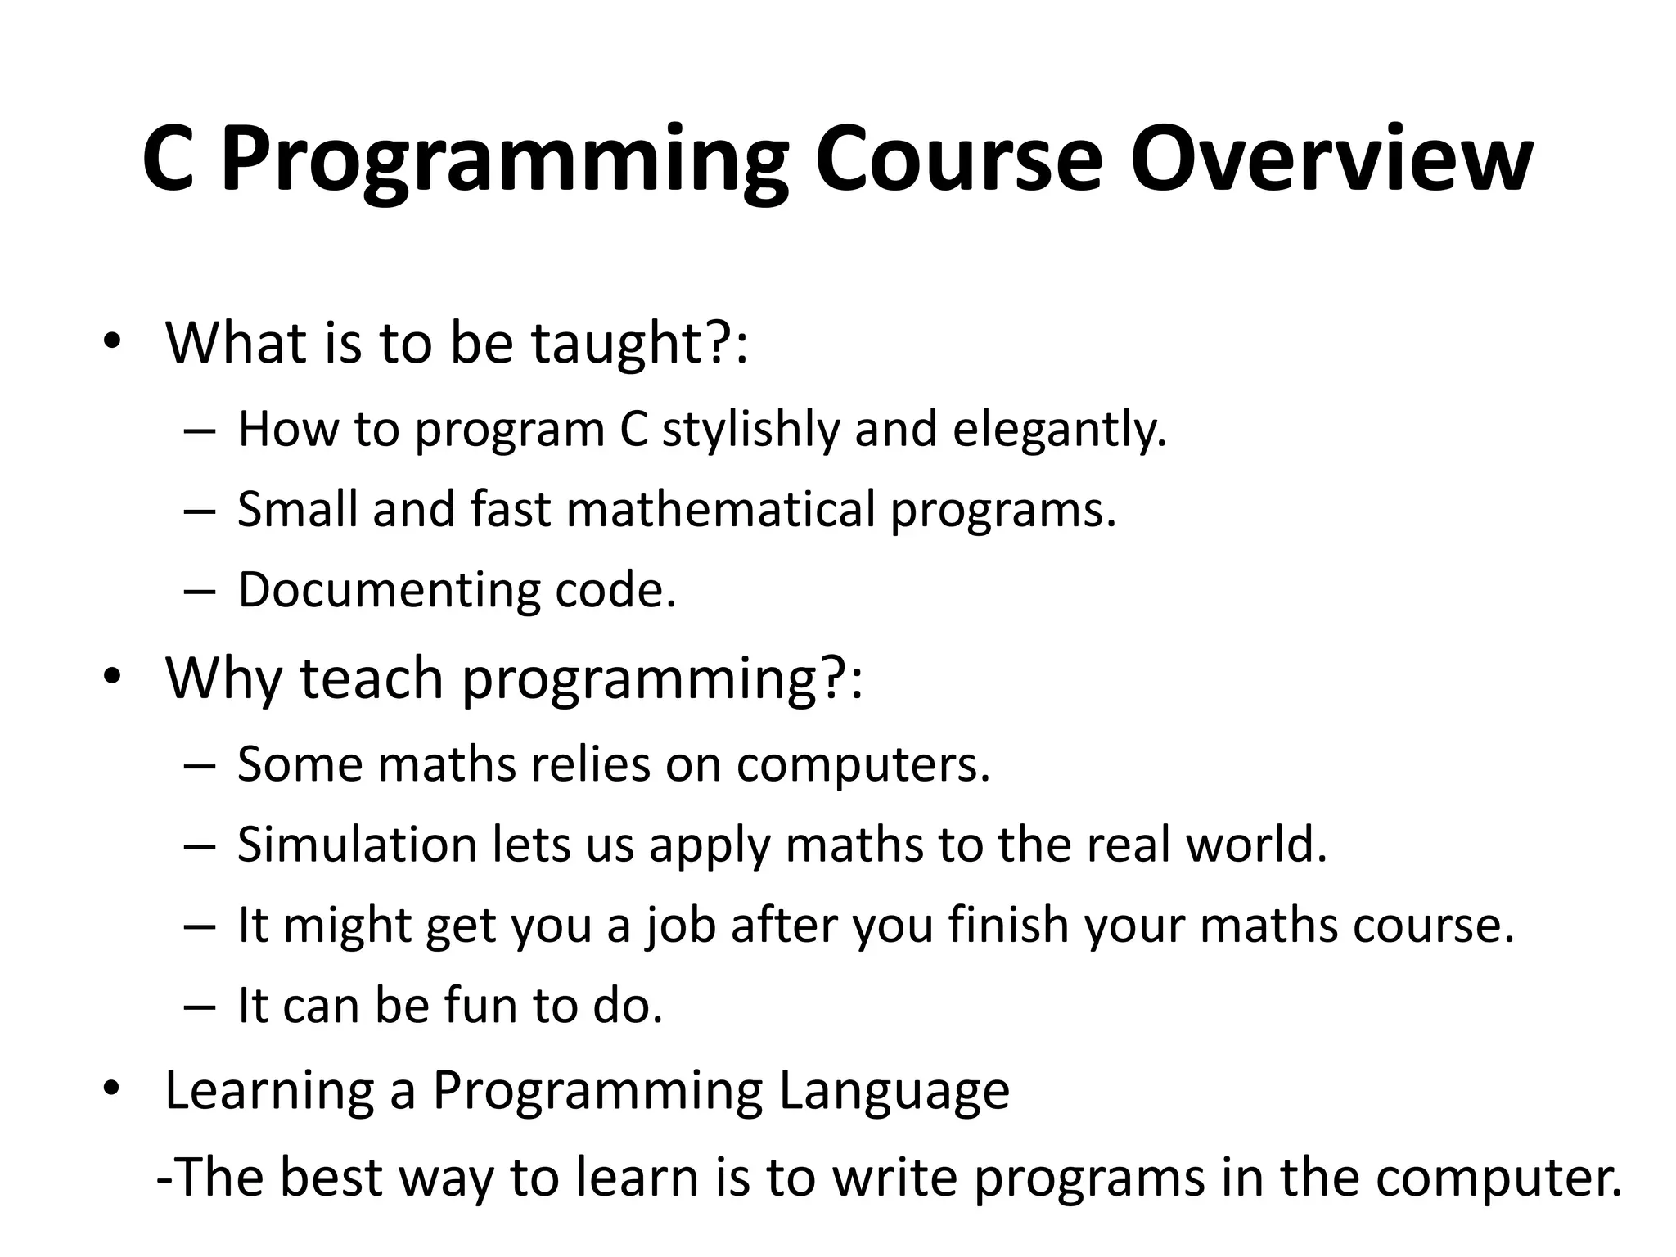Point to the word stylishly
750,429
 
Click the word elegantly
1059,429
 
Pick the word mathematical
721,509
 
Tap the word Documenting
389,589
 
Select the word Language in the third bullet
894,1091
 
